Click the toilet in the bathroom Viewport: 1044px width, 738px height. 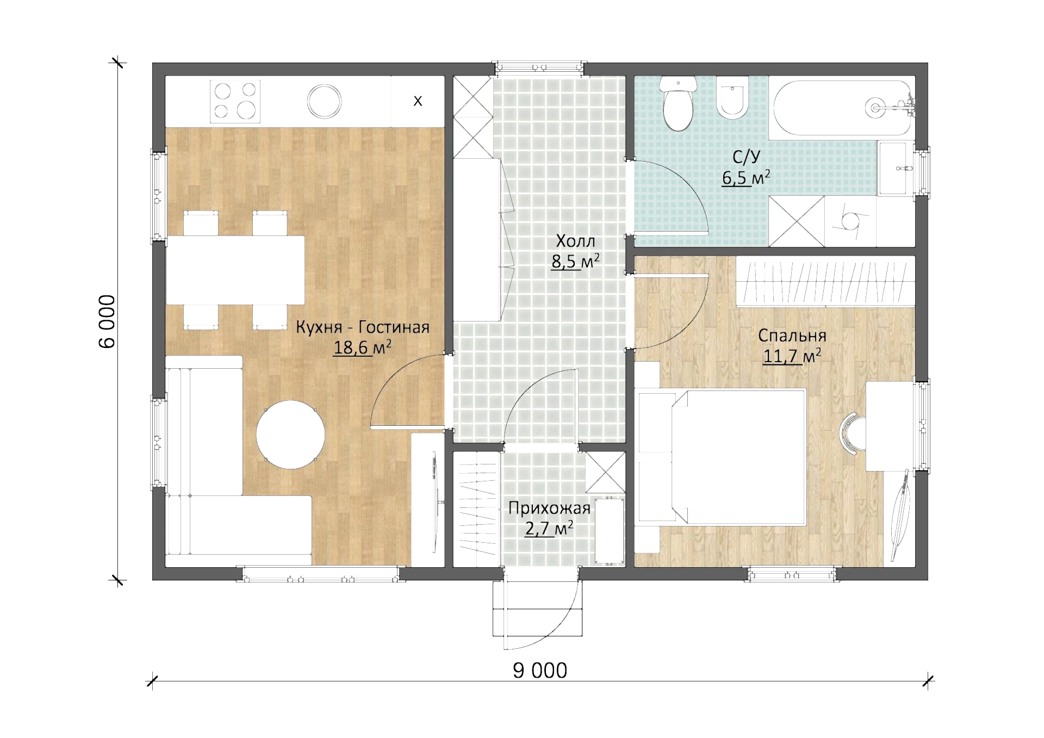pyautogui.click(x=678, y=103)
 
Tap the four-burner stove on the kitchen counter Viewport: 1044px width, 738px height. pyautogui.click(x=235, y=101)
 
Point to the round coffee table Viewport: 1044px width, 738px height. pyautogui.click(x=291, y=435)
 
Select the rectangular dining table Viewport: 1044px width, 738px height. pyautogui.click(x=235, y=270)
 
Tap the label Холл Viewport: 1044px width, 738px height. pyautogui.click(x=575, y=241)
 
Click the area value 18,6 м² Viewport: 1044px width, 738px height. pyautogui.click(x=362, y=347)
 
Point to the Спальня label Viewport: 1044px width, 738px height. pyautogui.click(x=792, y=336)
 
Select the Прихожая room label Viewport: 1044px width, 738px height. pyautogui.click(x=549, y=508)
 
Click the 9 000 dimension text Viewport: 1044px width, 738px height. pyautogui.click(x=540, y=671)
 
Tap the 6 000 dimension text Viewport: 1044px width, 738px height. pyautogui.click(x=107, y=321)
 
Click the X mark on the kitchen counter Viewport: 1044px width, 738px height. pyautogui.click(x=418, y=101)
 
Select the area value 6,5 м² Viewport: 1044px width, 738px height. pyautogui.click(x=745, y=178)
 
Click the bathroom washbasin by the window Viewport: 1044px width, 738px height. pyautogui.click(x=893, y=169)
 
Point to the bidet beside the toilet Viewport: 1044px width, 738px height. pyautogui.click(x=732, y=98)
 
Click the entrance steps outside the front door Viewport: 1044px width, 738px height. pyautogui.click(x=537, y=609)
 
